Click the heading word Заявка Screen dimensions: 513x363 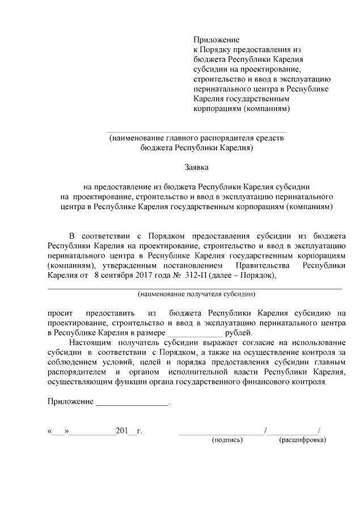[196, 167]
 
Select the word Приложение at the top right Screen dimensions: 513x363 [217, 40]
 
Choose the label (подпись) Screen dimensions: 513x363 [227, 439]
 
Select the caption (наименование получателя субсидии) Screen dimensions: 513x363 [196, 294]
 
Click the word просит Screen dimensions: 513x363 [58, 312]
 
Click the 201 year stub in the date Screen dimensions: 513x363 [123, 431]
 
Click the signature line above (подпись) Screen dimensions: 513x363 [222, 433]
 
